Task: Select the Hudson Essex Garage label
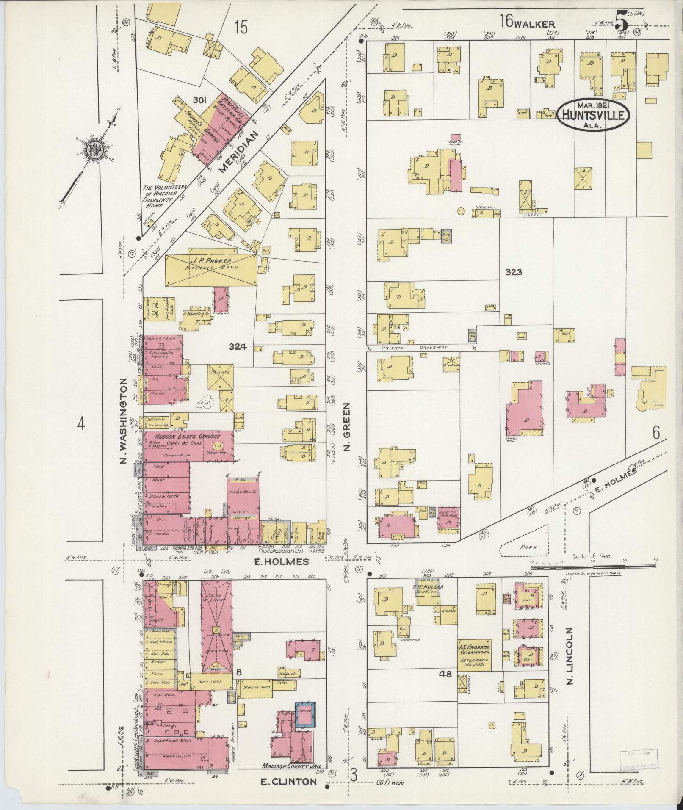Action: (181, 437)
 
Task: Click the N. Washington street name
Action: (124, 421)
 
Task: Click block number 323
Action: (513, 272)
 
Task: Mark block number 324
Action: (237, 347)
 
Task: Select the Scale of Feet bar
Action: (593, 565)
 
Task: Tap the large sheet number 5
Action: (621, 19)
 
